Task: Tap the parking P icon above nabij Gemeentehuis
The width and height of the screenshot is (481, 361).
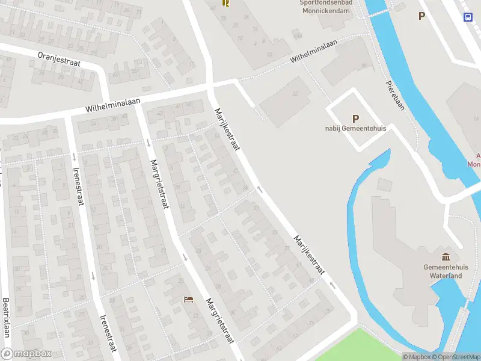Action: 355,119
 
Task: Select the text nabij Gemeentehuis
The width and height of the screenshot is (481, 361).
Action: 355,128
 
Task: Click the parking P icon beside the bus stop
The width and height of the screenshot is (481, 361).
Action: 422,16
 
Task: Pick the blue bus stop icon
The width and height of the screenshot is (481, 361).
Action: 468,17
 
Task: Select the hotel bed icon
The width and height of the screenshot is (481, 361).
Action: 189,299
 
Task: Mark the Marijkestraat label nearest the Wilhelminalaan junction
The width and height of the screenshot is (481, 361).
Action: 227,130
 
